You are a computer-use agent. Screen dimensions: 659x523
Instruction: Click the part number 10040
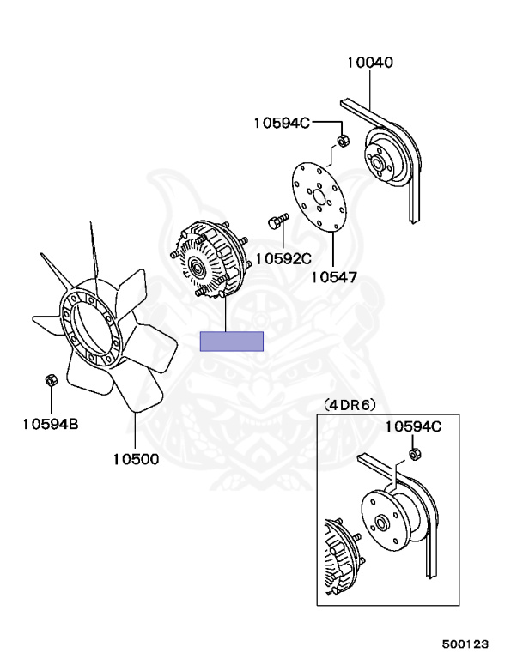pyautogui.click(x=370, y=62)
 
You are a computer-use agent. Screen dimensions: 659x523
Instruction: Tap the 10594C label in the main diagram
pyautogui.click(x=281, y=123)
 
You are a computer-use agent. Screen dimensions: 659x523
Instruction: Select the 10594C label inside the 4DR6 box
pyautogui.click(x=412, y=426)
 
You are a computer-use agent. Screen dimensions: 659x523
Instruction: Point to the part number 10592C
pyautogui.click(x=283, y=257)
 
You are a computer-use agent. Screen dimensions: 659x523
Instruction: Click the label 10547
pyautogui.click(x=333, y=277)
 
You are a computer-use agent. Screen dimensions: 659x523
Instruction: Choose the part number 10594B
pyautogui.click(x=50, y=422)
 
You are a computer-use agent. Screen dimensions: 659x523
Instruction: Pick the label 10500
pyautogui.click(x=136, y=458)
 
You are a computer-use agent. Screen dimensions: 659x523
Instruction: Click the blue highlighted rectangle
pyautogui.click(x=232, y=341)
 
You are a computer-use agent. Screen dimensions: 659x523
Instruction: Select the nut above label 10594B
pyautogui.click(x=51, y=379)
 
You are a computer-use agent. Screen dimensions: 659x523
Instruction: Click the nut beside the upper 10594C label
pyautogui.click(x=342, y=141)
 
